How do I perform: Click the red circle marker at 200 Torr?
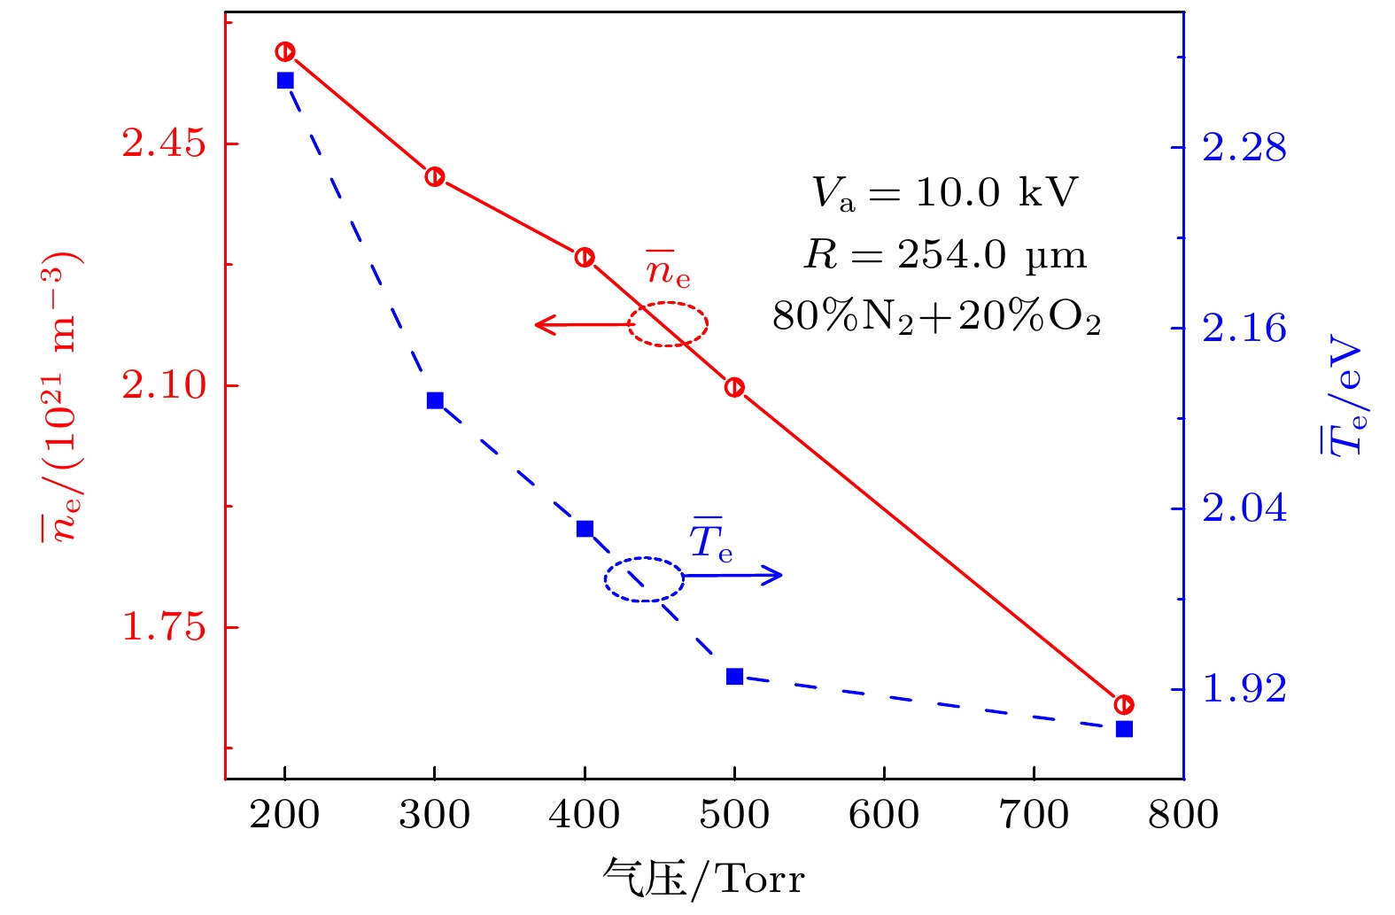point(284,51)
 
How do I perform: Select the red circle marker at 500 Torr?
point(734,387)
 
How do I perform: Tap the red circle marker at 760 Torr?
point(1124,705)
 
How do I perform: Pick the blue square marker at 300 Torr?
point(435,400)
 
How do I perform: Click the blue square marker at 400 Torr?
point(585,529)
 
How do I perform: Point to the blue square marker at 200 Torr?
point(285,81)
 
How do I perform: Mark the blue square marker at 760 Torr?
point(1124,729)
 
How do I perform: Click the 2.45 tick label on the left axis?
point(164,143)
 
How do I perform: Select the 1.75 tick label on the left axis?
point(164,627)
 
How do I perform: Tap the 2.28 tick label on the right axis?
point(1244,148)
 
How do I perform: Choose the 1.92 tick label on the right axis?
point(1244,689)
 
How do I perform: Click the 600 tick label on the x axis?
point(883,815)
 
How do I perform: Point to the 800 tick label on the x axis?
point(1183,815)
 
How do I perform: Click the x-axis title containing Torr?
point(703,880)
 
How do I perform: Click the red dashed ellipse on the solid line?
point(668,324)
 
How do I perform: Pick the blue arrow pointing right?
point(733,576)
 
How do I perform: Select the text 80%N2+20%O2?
point(936,317)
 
